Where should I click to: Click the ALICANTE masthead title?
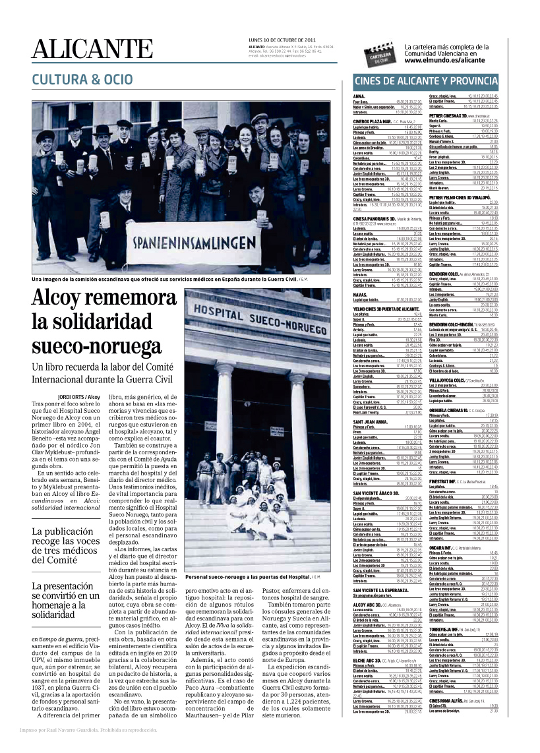pyautogui.click(x=92, y=48)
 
